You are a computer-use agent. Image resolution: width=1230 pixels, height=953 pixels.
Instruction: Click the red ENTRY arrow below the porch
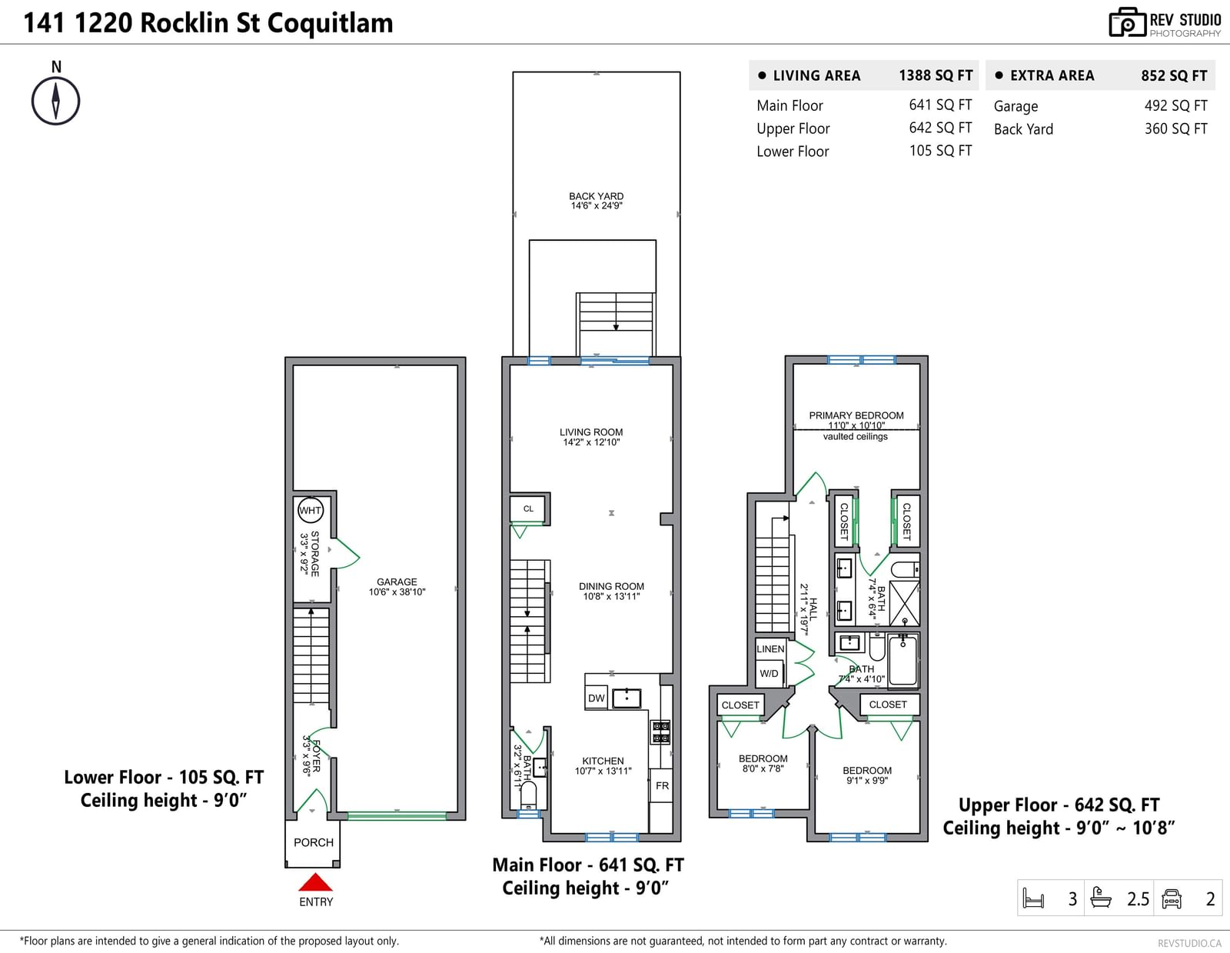coord(315,881)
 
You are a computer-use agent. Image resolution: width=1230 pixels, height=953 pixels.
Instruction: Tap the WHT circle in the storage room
coord(310,510)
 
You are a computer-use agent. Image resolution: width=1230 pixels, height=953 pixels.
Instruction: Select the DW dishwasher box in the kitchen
coord(596,698)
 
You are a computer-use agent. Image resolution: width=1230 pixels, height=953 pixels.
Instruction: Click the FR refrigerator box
coord(662,785)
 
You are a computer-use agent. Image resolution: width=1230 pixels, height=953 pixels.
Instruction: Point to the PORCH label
coord(314,842)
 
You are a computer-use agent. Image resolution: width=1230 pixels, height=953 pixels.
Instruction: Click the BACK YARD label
coord(596,196)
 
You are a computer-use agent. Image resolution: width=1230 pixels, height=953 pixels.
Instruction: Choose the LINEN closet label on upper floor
coord(770,649)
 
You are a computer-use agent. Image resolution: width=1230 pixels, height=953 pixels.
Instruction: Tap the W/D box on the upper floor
coord(770,674)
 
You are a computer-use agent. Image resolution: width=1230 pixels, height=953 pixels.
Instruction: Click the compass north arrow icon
coord(55,101)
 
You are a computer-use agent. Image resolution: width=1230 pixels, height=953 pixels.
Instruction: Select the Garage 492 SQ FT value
coord(1175,106)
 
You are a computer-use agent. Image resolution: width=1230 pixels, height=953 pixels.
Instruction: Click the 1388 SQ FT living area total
coord(936,75)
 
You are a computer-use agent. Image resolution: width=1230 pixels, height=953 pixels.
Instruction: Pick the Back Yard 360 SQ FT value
coord(1175,129)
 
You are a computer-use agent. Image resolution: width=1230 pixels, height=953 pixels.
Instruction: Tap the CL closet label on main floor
coord(528,508)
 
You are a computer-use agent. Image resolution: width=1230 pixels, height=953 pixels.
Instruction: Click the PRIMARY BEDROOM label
coord(856,415)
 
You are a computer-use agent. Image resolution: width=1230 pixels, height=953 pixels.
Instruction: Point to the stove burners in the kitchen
coord(660,732)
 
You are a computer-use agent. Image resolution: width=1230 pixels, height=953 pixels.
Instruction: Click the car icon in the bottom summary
coord(1172,898)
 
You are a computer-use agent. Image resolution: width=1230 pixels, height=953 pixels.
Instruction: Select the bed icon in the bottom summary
coord(1034,898)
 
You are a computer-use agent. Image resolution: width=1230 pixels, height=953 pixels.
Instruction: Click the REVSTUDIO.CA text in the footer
coord(1189,943)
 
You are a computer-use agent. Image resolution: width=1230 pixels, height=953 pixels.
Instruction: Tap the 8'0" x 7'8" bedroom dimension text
coord(763,768)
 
